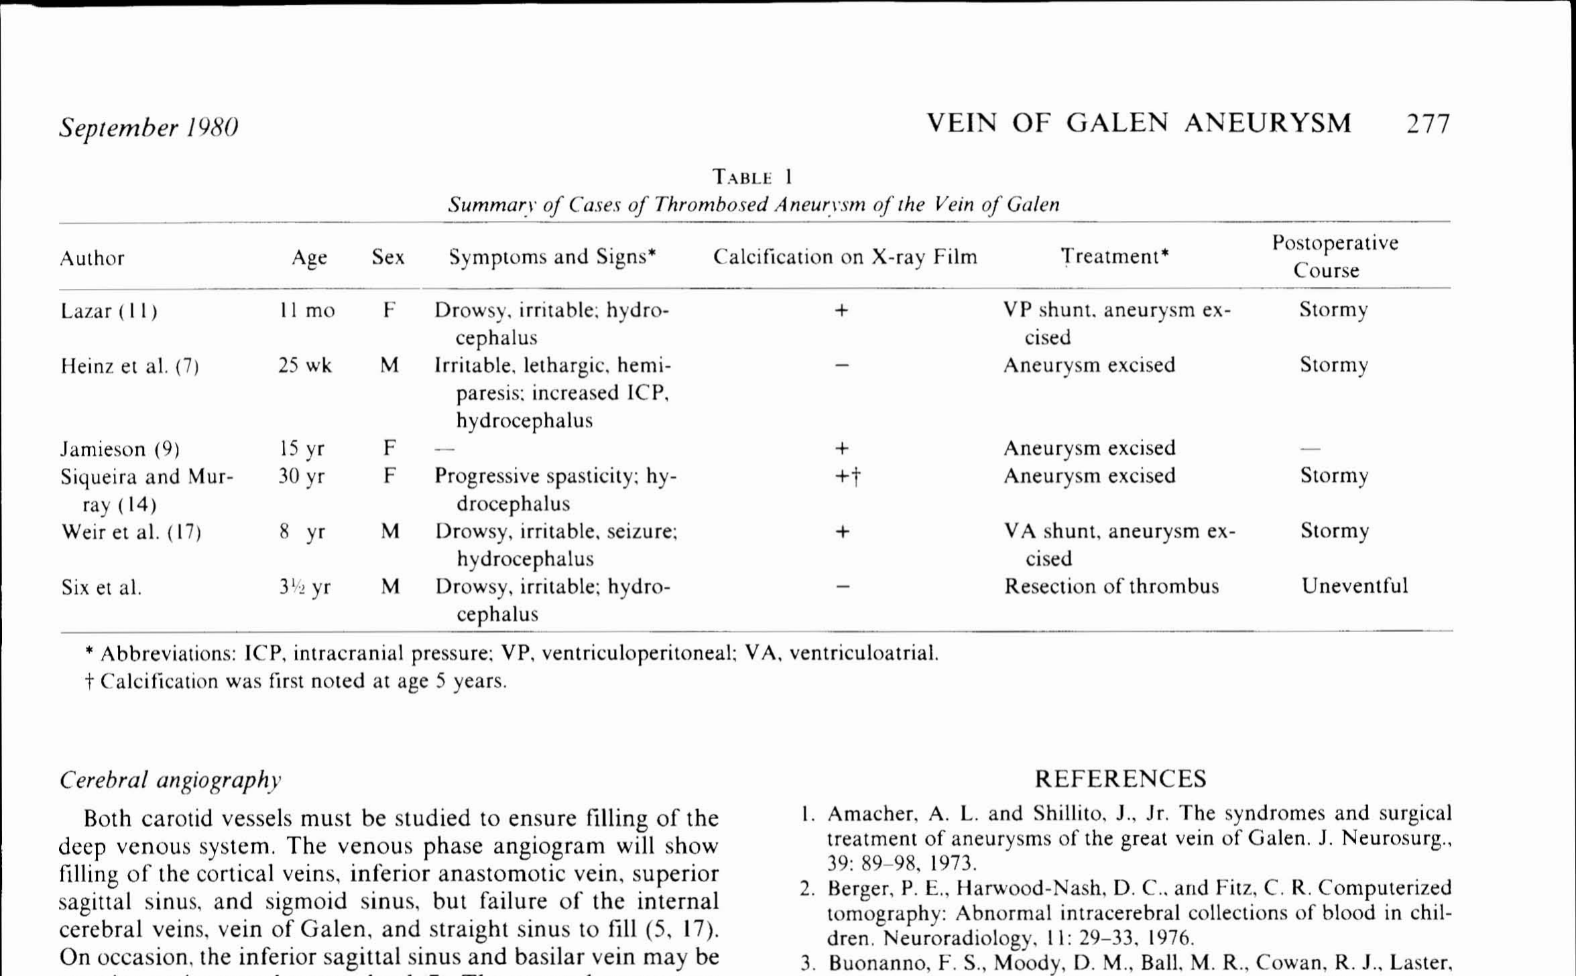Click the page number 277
[x=1428, y=125]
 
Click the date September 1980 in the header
[x=148, y=127]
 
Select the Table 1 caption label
[x=752, y=178]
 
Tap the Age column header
[x=309, y=258]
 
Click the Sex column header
[x=388, y=257]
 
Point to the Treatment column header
[x=1114, y=257]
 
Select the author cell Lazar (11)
[x=109, y=312]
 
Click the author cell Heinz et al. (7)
[x=129, y=367]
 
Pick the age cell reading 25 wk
[x=305, y=366]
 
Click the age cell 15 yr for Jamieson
[x=302, y=449]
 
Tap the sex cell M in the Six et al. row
[x=390, y=587]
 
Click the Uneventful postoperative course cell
[x=1354, y=587]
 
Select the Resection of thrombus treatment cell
[x=1111, y=587]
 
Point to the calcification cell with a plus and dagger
[x=847, y=477]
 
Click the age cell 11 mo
[x=307, y=311]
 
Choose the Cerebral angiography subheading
[x=170, y=780]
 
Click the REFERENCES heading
[x=1120, y=779]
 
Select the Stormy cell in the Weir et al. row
[x=1335, y=532]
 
